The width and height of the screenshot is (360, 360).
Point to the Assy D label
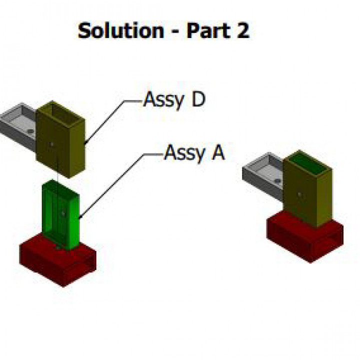(x=174, y=99)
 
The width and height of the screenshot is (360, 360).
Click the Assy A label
(x=194, y=152)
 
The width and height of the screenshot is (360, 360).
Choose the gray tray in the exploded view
(x=17, y=122)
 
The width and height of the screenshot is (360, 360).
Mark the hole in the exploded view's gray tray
(x=30, y=131)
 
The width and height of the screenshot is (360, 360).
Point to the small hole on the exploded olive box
(x=52, y=144)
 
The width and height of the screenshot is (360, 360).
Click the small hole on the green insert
(x=62, y=213)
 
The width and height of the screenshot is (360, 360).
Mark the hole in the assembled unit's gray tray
(x=277, y=179)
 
